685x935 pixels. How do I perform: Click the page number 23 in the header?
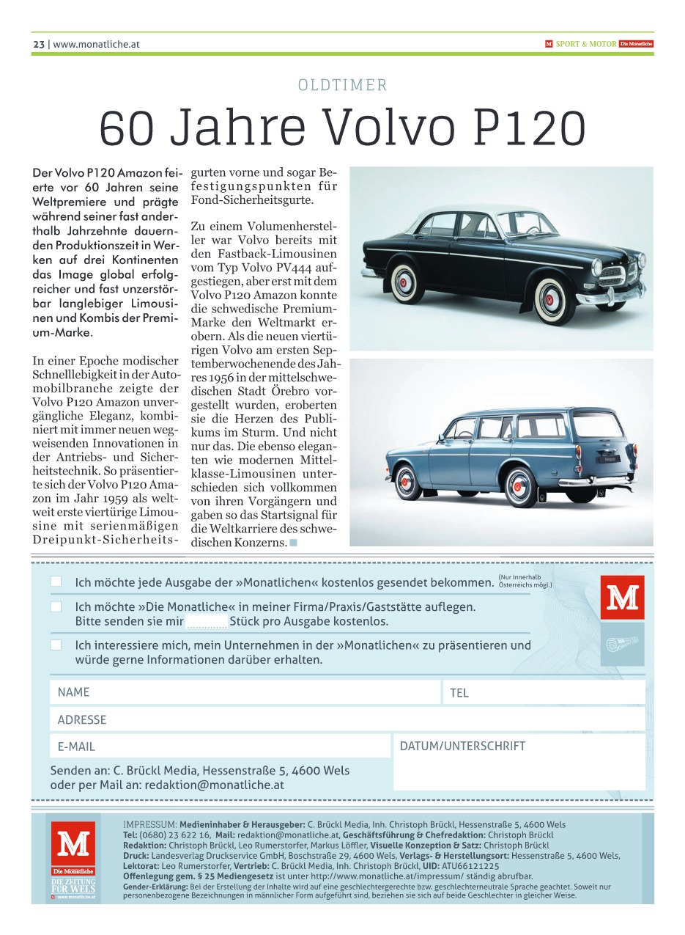click(x=39, y=44)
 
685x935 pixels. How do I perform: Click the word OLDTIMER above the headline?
click(x=342, y=85)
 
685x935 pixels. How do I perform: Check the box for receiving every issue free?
click(x=56, y=582)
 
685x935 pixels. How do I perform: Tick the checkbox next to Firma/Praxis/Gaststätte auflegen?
click(x=56, y=607)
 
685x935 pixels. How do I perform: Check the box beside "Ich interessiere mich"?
click(x=56, y=645)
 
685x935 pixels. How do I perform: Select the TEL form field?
click(x=544, y=692)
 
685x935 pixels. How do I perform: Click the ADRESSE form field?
click(x=347, y=719)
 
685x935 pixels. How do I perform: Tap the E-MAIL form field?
click(x=220, y=747)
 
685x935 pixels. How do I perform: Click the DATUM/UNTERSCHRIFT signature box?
click(x=519, y=763)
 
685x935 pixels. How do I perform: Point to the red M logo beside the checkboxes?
click(x=622, y=598)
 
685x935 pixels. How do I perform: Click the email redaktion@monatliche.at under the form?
click(x=214, y=785)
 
